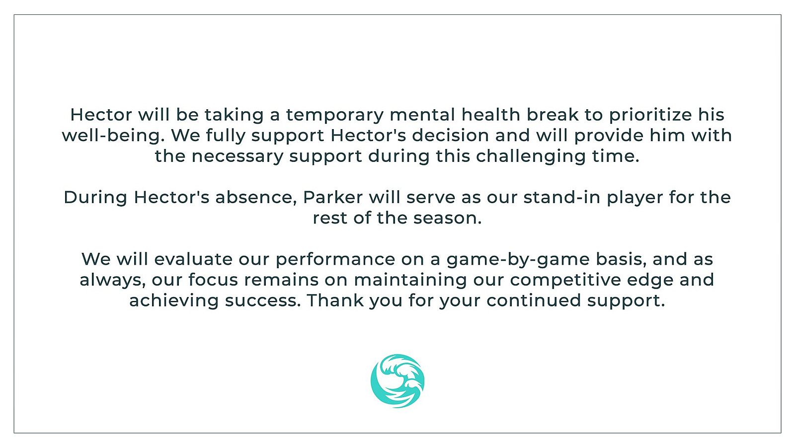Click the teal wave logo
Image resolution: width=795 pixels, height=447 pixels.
click(397, 380)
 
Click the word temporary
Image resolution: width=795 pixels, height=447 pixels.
click(335, 115)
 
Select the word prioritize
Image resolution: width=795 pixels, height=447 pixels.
click(650, 115)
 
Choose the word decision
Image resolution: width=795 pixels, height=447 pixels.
click(451, 135)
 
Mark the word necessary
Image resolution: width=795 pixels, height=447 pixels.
click(238, 156)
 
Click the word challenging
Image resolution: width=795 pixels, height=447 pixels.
click(531, 156)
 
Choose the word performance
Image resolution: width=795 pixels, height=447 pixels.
click(335, 259)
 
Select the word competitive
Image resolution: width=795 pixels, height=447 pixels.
click(566, 280)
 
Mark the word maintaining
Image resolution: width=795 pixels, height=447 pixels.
click(410, 280)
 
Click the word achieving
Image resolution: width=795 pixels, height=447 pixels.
click(174, 300)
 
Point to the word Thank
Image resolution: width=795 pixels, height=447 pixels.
click(335, 300)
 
